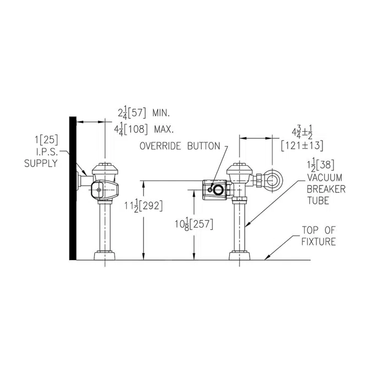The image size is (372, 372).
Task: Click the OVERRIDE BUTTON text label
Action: coord(179,147)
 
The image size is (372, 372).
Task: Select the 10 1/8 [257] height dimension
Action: coord(193,224)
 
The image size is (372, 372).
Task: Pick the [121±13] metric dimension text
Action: coord(301,145)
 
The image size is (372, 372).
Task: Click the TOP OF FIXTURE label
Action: coord(318,236)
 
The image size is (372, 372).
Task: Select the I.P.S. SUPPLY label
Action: coord(42,158)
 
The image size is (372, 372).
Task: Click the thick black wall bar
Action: coord(72,187)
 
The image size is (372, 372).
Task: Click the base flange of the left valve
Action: coord(105,256)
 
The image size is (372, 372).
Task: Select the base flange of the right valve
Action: coord(240,256)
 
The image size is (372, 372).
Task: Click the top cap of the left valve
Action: coord(105,168)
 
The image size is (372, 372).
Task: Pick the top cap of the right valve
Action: coord(240,168)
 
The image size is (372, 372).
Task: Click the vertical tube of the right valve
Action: coord(240,226)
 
